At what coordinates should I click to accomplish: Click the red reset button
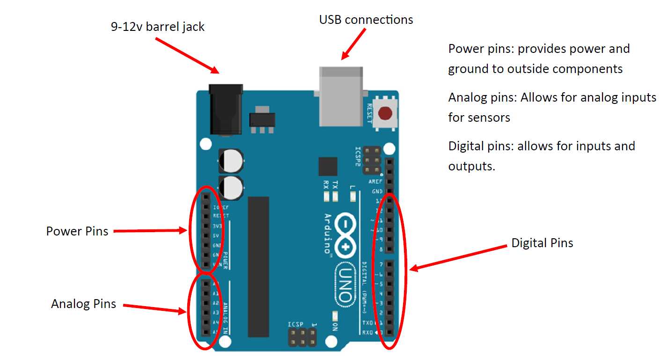[x=385, y=113]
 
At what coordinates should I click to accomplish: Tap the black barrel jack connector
[x=226, y=110]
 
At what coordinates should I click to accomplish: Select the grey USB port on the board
[x=340, y=96]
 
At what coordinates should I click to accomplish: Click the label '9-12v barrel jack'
[x=158, y=27]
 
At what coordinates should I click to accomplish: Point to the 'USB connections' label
[x=366, y=20]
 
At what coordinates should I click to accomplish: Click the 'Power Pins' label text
[x=77, y=231]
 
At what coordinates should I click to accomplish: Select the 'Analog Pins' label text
[x=83, y=304]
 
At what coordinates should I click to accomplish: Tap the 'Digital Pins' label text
[x=542, y=243]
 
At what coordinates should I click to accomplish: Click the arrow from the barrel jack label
[x=187, y=55]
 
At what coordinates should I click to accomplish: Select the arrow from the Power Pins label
[x=150, y=231]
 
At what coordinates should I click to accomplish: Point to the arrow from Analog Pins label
[x=154, y=309]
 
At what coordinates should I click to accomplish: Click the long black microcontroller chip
[x=258, y=266]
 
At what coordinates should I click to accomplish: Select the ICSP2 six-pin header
[x=372, y=161]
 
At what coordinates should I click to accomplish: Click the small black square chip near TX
[x=328, y=167]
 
